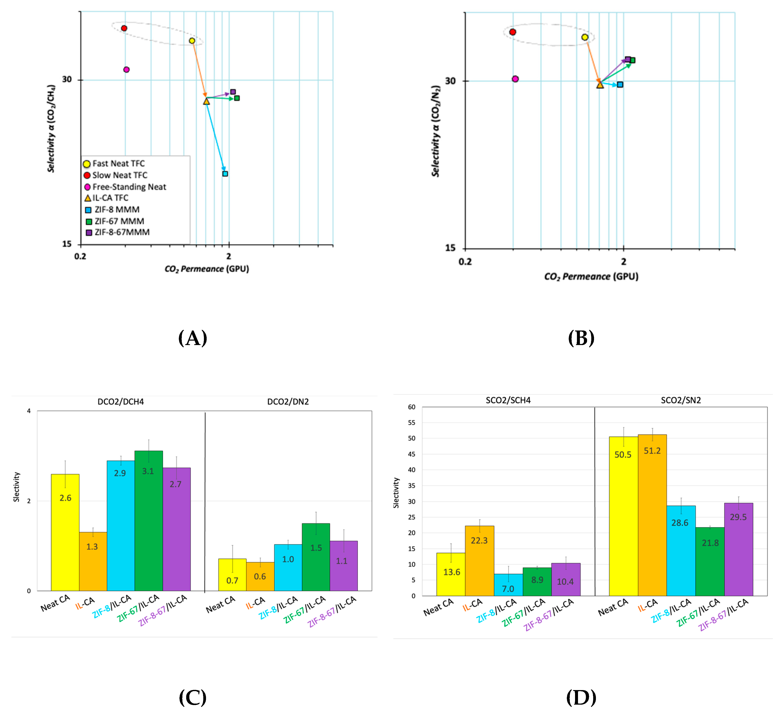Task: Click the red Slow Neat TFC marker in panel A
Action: (124, 28)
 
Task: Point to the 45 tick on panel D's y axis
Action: (412, 454)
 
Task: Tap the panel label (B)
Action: (581, 338)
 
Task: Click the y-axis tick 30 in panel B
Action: (450, 81)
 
